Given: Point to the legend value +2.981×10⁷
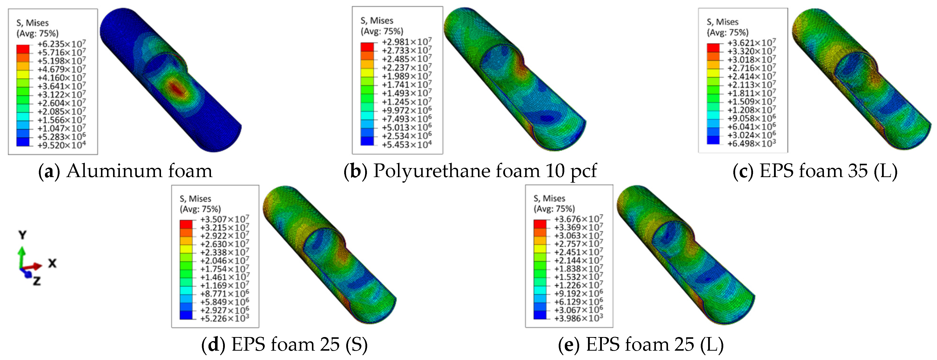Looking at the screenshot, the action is point(407,42).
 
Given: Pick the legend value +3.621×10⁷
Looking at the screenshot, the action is point(752,43).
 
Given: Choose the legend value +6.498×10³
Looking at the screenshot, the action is point(752,144).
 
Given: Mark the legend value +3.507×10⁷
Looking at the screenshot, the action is point(224,219).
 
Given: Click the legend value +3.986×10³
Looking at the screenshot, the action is point(578,318).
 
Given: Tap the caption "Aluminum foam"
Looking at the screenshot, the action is point(139,171).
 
